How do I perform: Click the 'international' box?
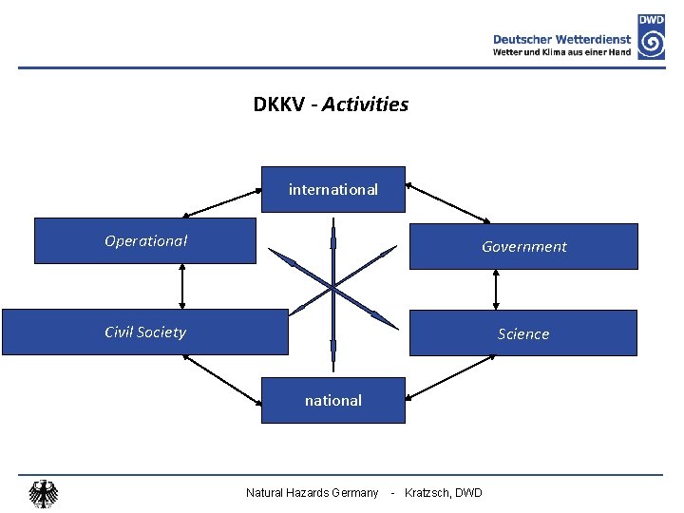333,189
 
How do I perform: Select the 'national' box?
333,400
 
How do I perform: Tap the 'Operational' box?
145,240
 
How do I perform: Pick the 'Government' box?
523,246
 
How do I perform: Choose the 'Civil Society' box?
144,332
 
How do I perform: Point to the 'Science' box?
523,333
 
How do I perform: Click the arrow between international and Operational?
222,202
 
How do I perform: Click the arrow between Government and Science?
495,290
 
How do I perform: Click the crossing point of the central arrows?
333,286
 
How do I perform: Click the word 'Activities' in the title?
365,104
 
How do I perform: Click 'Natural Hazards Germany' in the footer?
312,492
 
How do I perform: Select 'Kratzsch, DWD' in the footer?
444,492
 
